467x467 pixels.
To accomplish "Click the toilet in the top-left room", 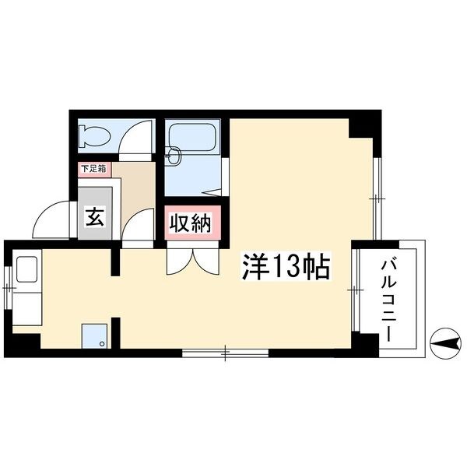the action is tap(94, 136).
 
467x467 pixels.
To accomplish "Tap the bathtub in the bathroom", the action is tap(193, 137).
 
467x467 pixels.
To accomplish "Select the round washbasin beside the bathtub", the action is tap(174, 156).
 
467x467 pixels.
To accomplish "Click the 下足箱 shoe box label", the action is tap(93, 169).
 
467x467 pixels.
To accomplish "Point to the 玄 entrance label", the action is tap(95, 217).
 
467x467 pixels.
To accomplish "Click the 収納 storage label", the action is tap(191, 223).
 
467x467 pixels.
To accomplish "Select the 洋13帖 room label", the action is tap(286, 266).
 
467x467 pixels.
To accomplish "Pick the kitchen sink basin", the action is tap(26, 269).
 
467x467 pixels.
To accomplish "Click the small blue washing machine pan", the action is tap(94, 336).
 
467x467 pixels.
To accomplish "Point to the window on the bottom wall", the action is tap(225, 353).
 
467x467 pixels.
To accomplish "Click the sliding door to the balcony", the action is tap(356, 290).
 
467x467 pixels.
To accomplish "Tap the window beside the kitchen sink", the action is tap(8, 287).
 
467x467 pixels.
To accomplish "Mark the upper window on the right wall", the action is tap(377, 198).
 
